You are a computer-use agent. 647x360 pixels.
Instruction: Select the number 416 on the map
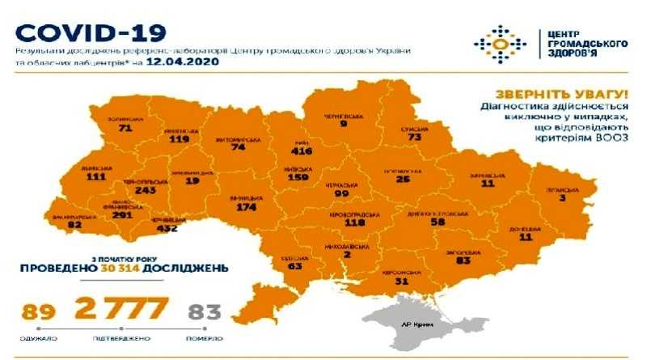pos(305,150)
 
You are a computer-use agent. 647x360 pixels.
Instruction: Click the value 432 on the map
pos(167,230)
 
